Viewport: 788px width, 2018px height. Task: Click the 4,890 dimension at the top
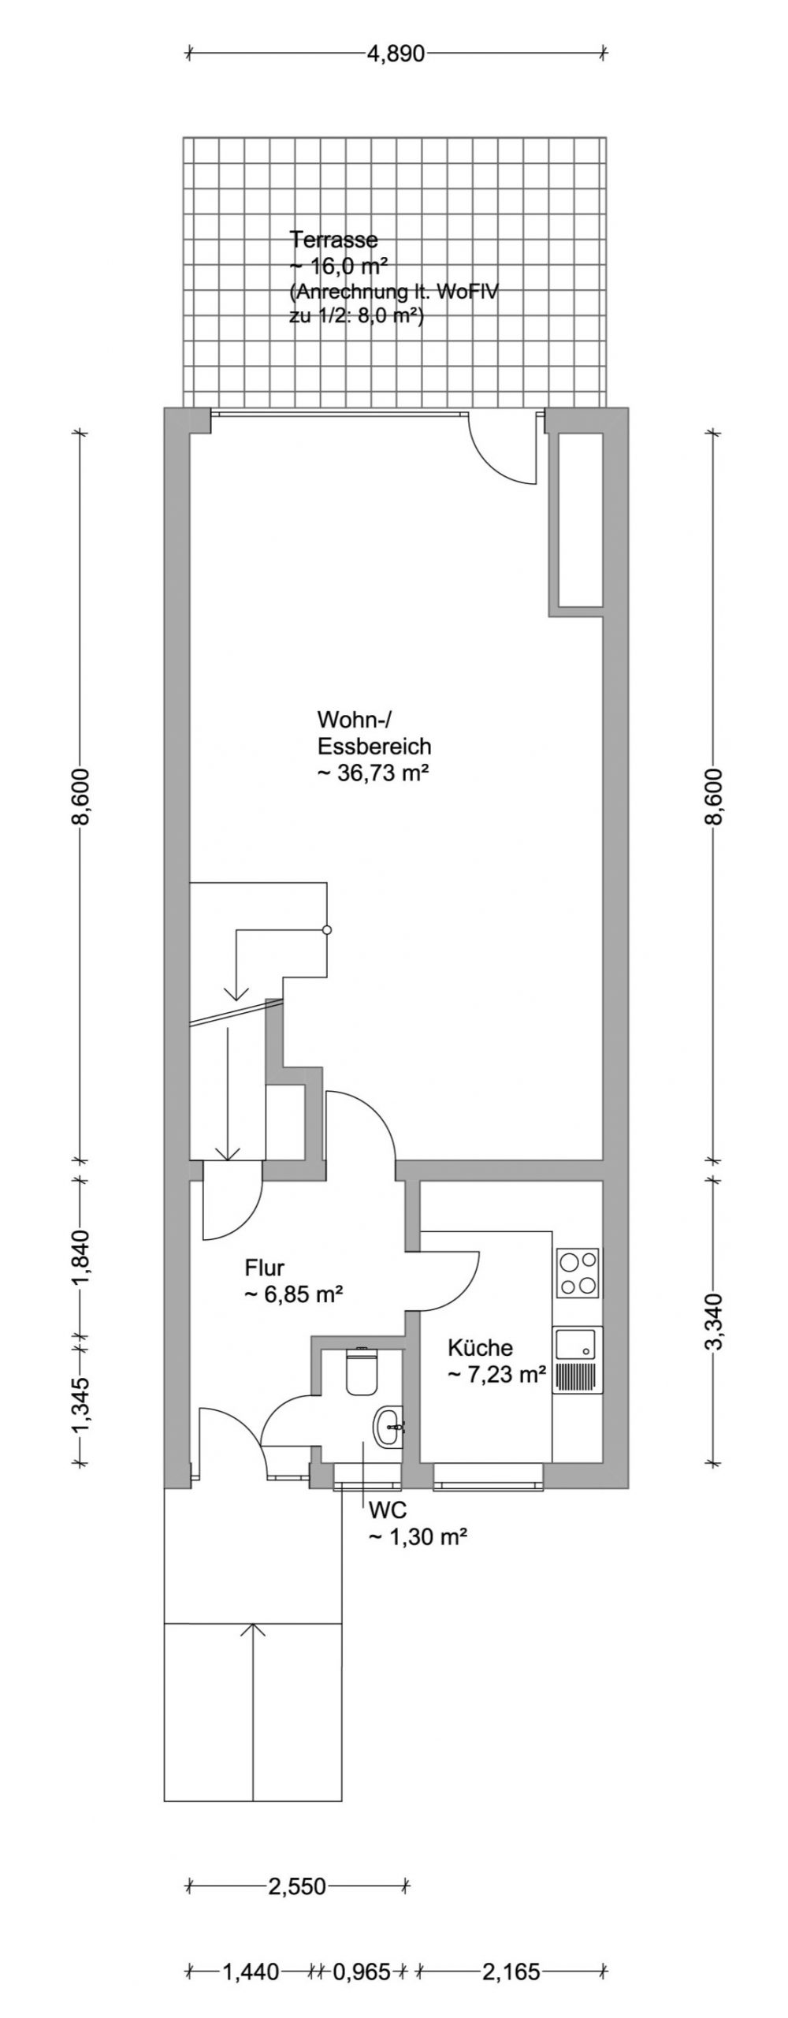tap(396, 54)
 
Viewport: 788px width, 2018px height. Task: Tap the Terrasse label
tap(334, 238)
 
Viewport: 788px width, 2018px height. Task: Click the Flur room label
tap(264, 1268)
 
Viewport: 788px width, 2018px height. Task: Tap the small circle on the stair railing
tap(327, 930)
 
